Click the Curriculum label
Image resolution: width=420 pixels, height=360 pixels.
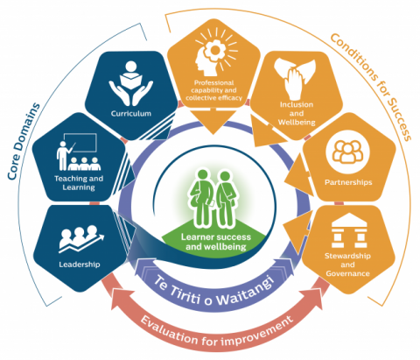pyautogui.click(x=131, y=113)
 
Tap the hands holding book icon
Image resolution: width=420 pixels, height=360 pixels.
pyautogui.click(x=131, y=83)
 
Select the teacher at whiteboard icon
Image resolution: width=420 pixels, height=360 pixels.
pyautogui.click(x=78, y=152)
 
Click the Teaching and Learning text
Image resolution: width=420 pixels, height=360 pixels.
pyautogui.click(x=79, y=183)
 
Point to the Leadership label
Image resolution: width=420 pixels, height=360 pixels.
pyautogui.click(x=80, y=265)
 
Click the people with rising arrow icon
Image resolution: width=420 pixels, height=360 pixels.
pyautogui.click(x=81, y=239)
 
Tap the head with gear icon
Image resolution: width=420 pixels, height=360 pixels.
pyautogui.click(x=216, y=53)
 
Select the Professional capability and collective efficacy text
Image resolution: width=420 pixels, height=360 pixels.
pyautogui.click(x=214, y=90)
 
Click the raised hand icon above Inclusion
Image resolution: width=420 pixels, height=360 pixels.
pyautogui.click(x=295, y=79)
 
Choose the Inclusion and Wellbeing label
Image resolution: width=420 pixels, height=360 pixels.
pyautogui.click(x=297, y=113)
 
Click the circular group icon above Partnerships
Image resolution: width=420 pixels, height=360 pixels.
pyautogui.click(x=347, y=152)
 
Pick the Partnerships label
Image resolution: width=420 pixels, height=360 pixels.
pyautogui.click(x=348, y=182)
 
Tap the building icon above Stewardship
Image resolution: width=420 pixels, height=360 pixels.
pyautogui.click(x=349, y=230)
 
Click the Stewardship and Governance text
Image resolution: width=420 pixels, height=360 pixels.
pyautogui.click(x=347, y=265)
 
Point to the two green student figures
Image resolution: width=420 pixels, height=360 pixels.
pyautogui.click(x=215, y=199)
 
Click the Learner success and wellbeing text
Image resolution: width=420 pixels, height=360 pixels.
pyautogui.click(x=216, y=242)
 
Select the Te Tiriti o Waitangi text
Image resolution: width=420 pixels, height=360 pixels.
pyautogui.click(x=213, y=292)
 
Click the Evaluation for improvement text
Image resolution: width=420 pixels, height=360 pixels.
pyautogui.click(x=217, y=331)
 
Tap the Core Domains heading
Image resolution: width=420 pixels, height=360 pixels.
pyautogui.click(x=24, y=141)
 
